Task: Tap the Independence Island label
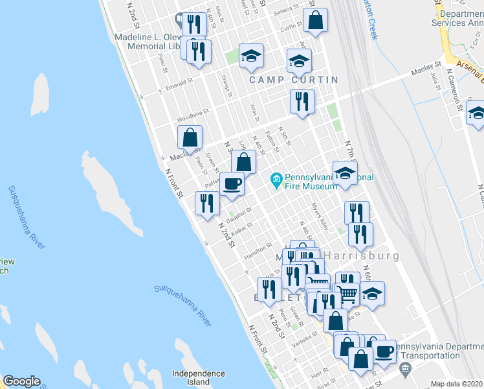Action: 199,378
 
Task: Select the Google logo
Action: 21,381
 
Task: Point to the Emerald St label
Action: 180,84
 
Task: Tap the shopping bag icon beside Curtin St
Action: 315,21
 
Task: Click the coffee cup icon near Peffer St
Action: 232,185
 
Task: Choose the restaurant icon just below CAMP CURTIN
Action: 302,101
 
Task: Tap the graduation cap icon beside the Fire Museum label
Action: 346,173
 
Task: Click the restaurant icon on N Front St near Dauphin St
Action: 206,204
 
